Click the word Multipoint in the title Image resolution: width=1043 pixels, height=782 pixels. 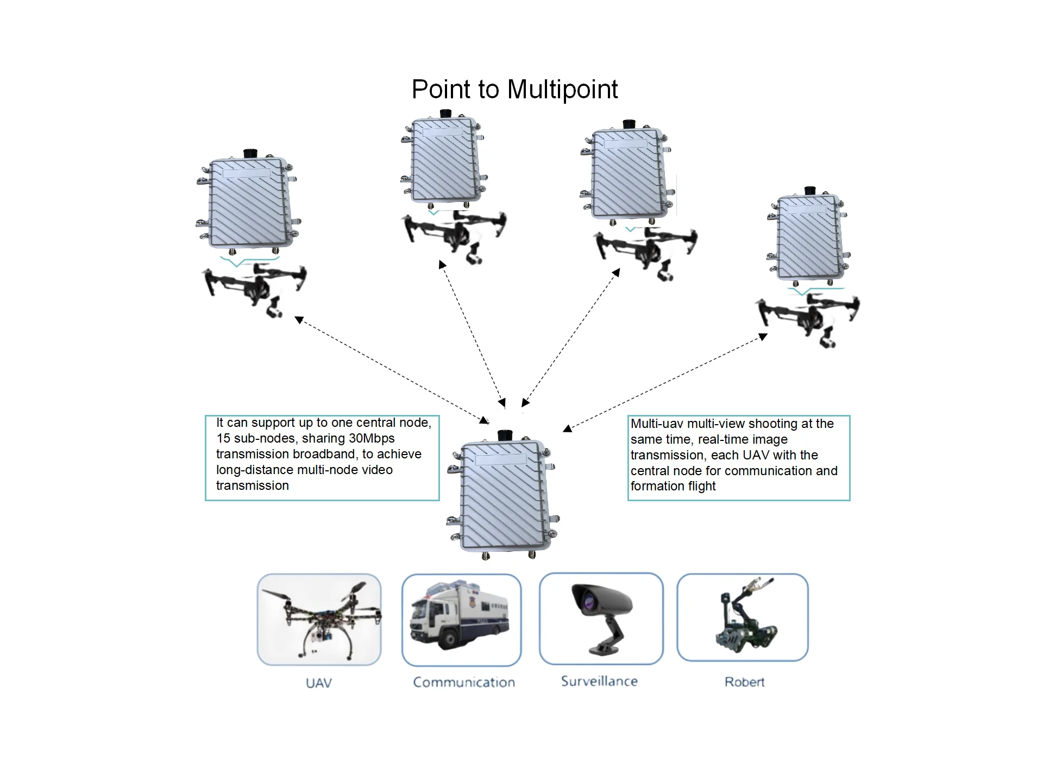562,90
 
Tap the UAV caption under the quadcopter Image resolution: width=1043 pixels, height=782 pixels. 318,683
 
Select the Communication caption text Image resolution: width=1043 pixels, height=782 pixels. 464,682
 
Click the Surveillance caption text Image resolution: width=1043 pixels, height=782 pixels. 599,681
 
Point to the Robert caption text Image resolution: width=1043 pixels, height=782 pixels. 744,682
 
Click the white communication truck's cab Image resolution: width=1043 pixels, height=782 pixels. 429,619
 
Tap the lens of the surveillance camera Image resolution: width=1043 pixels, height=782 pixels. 588,602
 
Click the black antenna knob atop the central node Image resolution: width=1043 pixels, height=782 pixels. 505,435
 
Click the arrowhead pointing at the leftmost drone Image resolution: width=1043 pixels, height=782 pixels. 299,320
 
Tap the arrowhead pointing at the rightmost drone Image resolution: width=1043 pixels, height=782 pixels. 763,337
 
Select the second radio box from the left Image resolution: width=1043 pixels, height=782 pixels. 444,160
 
